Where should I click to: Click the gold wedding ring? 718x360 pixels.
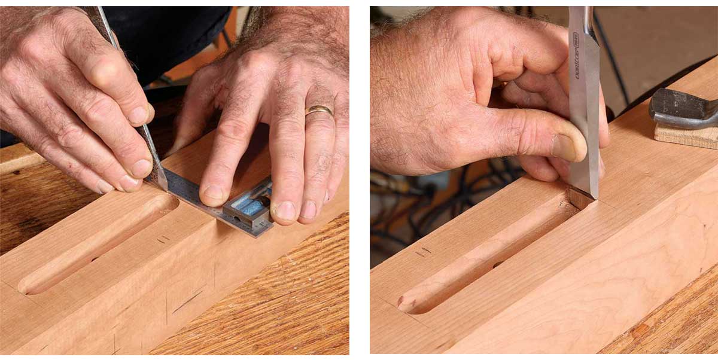tap(319, 110)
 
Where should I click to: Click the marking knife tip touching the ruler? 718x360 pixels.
tap(162, 187)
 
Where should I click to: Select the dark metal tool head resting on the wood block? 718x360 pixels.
tap(682, 109)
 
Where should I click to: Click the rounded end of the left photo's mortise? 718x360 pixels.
tap(27, 286)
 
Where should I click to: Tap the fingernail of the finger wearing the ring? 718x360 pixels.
tap(309, 209)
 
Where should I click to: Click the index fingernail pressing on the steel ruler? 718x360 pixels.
tap(214, 192)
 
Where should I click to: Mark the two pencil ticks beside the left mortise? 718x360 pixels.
tap(162, 240)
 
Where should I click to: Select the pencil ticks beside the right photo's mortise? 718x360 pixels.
tap(422, 252)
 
